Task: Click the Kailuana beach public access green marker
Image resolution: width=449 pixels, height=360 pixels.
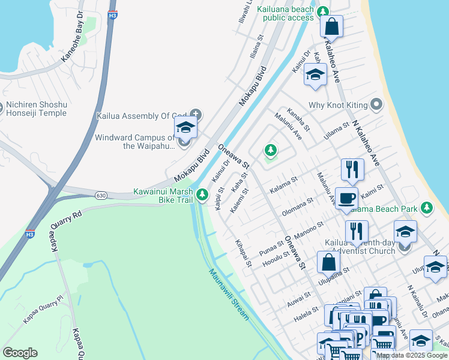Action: [324, 11]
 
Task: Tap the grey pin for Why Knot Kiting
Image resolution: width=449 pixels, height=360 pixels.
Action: [376, 105]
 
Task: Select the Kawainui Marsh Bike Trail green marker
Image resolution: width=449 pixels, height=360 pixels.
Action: [202, 194]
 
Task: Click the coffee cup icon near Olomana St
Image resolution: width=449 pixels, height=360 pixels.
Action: [347, 197]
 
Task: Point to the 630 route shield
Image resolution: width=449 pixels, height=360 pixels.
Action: [101, 196]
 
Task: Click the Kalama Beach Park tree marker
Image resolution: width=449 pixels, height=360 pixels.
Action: [427, 208]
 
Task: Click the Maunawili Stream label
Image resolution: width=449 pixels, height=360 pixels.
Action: [229, 294]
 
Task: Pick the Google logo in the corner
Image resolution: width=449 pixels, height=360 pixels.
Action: [20, 353]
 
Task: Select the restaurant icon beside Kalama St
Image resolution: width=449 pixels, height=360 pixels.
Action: [352, 169]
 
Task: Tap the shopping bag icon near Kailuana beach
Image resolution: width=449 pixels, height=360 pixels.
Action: [331, 27]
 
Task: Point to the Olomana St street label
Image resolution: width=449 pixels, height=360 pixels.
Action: [298, 207]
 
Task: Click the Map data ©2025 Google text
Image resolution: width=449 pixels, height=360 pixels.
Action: [412, 355]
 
